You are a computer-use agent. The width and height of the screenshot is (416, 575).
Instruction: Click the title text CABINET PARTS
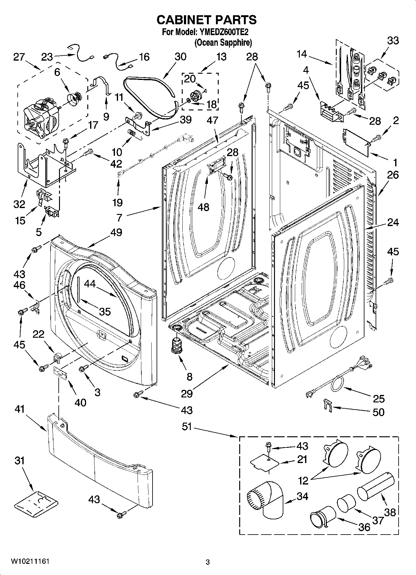(x=207, y=20)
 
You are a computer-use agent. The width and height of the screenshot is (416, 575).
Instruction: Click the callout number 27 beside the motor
(x=19, y=57)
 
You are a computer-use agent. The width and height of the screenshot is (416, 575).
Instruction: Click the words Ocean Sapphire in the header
(x=223, y=42)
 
